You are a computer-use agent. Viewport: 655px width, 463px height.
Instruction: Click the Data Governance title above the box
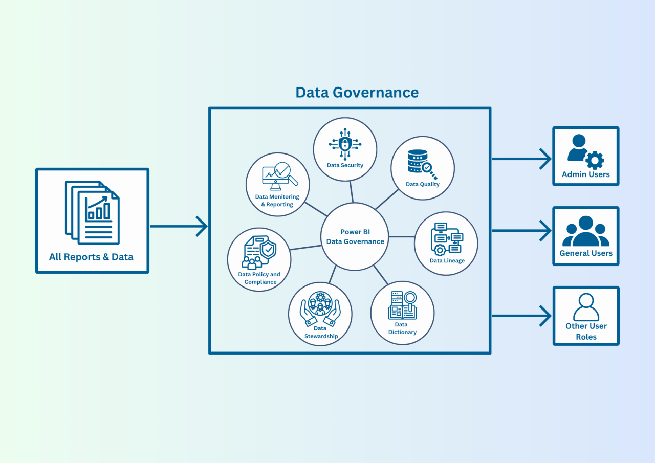click(357, 92)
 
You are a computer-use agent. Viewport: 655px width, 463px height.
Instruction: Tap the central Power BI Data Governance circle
click(355, 236)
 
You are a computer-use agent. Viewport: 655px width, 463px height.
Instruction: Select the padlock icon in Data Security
click(345, 143)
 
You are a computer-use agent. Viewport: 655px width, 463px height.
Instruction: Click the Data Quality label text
click(422, 184)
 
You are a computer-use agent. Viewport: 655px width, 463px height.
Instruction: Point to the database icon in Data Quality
click(418, 161)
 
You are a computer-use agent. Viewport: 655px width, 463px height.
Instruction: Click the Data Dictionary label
click(402, 328)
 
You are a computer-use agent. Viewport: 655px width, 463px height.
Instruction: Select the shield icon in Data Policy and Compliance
click(268, 250)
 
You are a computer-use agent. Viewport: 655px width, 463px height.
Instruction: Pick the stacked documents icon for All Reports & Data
click(92, 212)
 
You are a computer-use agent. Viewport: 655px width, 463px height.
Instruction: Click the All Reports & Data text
click(91, 257)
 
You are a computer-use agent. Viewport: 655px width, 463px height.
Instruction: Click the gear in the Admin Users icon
click(594, 160)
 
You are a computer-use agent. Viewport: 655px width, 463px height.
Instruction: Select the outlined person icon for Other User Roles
click(586, 307)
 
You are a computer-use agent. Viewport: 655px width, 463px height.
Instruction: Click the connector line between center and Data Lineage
click(402, 237)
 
